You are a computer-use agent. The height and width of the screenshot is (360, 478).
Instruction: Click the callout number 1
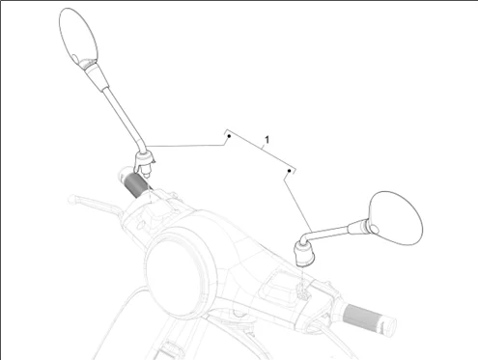click(267, 140)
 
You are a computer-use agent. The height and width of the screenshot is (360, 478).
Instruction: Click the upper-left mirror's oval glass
click(78, 37)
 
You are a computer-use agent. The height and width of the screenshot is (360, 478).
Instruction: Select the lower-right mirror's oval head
click(396, 218)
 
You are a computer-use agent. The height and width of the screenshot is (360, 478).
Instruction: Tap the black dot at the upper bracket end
click(229, 136)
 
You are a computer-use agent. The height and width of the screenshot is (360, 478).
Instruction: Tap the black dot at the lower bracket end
click(289, 171)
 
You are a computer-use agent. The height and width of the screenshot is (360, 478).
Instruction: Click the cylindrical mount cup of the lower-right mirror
click(304, 255)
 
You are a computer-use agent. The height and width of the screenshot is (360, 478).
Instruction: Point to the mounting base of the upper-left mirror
click(145, 162)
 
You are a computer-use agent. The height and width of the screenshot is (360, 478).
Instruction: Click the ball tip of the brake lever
click(71, 199)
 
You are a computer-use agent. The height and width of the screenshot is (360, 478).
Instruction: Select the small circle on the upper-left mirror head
click(75, 59)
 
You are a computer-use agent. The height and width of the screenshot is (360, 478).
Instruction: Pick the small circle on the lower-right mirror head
click(374, 229)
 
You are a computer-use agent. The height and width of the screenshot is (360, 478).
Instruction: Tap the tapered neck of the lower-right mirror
click(358, 227)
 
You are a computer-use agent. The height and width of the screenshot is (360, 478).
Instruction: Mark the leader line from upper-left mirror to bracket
click(184, 146)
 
